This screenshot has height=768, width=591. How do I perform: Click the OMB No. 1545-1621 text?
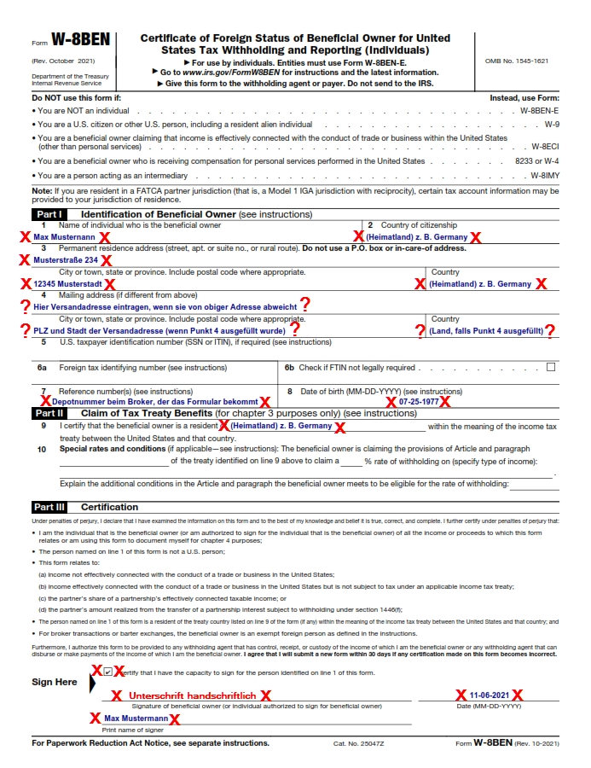tap(516, 61)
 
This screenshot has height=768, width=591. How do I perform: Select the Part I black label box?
tap(52, 213)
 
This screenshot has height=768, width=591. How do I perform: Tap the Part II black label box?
tap(52, 413)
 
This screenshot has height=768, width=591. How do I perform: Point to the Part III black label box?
tap(52, 507)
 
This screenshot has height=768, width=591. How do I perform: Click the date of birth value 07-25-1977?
tap(419, 401)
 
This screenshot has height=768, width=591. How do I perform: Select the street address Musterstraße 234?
tap(66, 259)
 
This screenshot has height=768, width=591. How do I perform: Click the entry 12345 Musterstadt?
tap(67, 283)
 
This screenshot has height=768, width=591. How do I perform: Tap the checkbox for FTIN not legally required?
tap(550, 367)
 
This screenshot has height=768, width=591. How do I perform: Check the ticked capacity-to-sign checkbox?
tap(107, 672)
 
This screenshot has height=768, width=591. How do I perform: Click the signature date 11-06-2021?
tap(489, 695)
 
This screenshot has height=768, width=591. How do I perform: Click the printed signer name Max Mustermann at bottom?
tap(136, 719)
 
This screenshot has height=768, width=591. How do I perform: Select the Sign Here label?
tap(55, 682)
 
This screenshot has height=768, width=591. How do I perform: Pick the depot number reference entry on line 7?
tap(154, 401)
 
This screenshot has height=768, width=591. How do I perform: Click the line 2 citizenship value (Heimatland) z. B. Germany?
tap(417, 236)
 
